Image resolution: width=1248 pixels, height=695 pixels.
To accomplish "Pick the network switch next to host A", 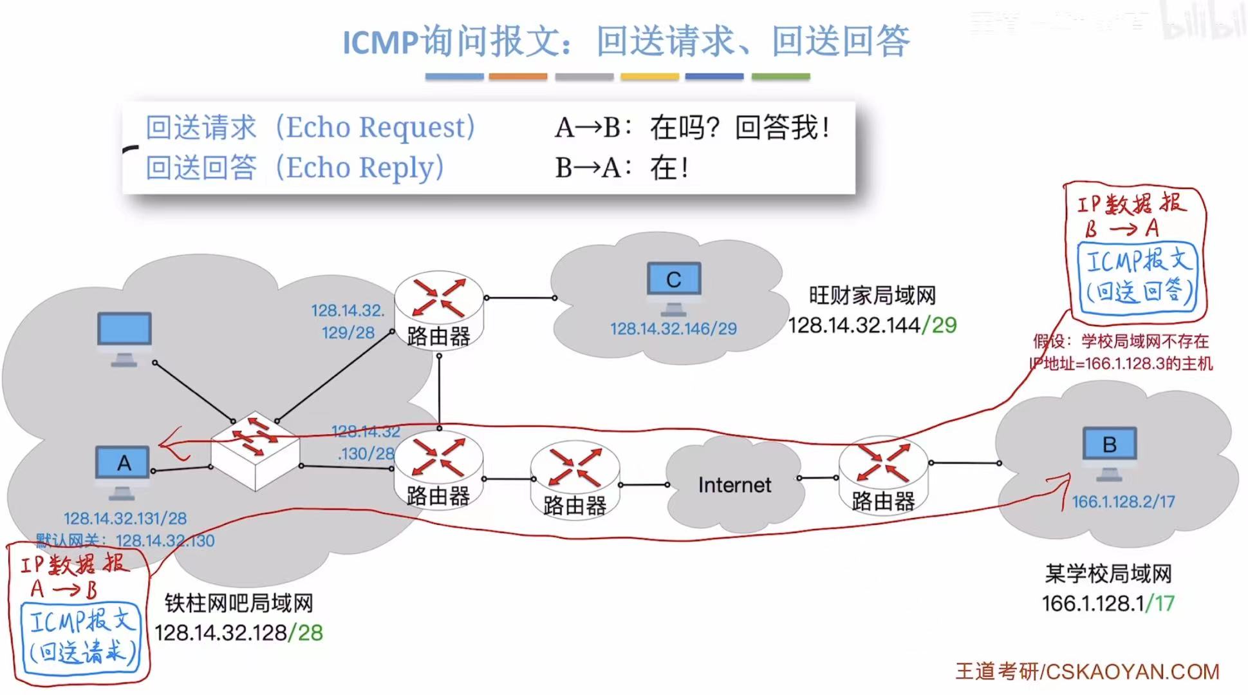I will (256, 450).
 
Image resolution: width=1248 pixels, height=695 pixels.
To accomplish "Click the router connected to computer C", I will (438, 309).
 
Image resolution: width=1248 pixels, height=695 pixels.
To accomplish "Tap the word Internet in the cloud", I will (734, 484).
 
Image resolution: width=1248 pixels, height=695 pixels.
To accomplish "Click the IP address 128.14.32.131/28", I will (125, 519).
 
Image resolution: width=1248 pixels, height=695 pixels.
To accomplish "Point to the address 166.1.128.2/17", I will (1123, 502).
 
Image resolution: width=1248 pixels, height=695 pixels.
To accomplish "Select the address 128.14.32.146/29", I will (673, 329).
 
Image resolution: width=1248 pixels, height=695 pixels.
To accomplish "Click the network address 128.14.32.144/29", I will (872, 325).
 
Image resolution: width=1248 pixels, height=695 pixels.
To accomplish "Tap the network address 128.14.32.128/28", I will (238, 633).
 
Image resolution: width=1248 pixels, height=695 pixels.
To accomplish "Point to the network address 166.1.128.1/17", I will (1108, 604).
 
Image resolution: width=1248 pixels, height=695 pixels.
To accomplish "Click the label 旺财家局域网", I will (872, 296).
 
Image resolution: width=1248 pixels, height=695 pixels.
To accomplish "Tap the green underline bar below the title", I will (780, 77).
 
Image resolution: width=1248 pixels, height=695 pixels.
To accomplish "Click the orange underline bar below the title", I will (517, 77).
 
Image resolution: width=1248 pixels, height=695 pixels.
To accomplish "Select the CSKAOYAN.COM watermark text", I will (1133, 672).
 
